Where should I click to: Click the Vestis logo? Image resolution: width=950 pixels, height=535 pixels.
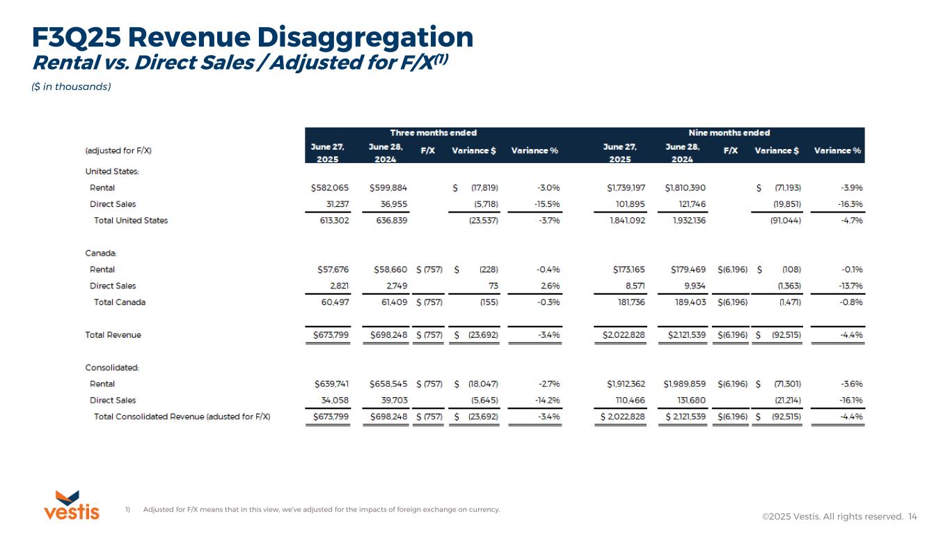(71, 505)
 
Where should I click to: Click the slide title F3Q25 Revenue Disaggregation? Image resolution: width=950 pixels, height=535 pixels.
(253, 36)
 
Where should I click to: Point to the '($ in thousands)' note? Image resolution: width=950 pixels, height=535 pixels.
(72, 86)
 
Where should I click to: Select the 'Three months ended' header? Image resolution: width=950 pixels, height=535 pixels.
(433, 132)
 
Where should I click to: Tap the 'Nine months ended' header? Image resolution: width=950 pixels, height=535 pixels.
(729, 132)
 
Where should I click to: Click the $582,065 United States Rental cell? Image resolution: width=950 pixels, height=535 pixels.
(331, 188)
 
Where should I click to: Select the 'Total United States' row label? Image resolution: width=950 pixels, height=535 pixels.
(131, 221)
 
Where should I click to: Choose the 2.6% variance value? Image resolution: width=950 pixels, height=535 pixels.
(551, 286)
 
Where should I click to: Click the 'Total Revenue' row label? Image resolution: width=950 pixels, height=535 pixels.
(113, 335)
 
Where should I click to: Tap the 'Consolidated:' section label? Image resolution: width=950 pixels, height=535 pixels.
(112, 368)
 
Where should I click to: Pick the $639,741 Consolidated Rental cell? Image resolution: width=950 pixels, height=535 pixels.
(331, 384)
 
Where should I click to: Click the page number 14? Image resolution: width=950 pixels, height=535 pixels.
(912, 516)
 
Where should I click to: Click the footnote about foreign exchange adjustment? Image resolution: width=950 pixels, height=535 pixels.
(321, 510)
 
